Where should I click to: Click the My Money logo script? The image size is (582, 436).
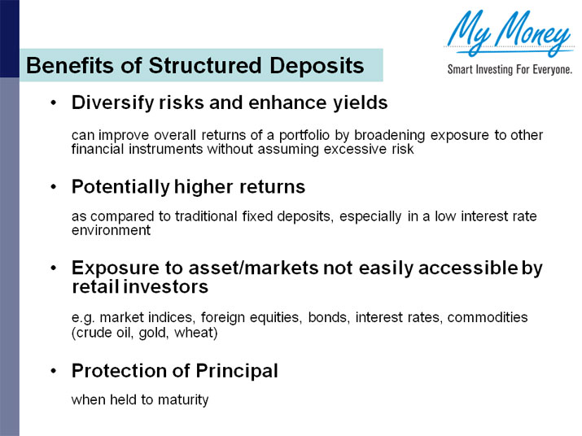pyautogui.click(x=509, y=33)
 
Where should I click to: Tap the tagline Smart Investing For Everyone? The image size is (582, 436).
pyautogui.click(x=510, y=70)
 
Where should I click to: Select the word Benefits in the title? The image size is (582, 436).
pyautogui.click(x=65, y=66)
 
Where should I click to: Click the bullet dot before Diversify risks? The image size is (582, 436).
pyautogui.click(x=53, y=104)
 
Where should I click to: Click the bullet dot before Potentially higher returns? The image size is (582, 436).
pyautogui.click(x=53, y=187)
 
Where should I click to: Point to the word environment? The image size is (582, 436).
pyautogui.click(x=111, y=230)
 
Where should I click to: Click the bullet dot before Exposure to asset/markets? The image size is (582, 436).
pyautogui.click(x=53, y=268)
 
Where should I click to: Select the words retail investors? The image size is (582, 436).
pyautogui.click(x=139, y=287)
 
